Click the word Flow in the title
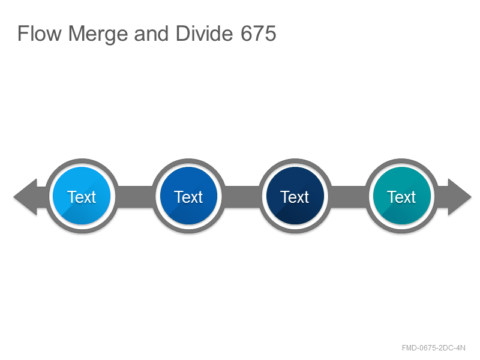coord(40,34)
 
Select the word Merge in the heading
coord(98,34)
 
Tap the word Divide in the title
coord(204,34)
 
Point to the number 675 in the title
coord(259,34)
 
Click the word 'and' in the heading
coord(151,34)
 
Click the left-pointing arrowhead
coord(25,197)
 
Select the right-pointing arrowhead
coord(460,197)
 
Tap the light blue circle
coord(82,196)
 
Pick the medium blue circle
coord(188,196)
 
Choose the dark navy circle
coord(295,196)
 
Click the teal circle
coord(401,196)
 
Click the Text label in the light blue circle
coord(82,197)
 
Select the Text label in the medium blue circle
coord(188,197)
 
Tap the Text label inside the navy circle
coord(295,197)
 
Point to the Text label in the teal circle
coord(401,197)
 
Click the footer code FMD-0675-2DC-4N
coord(433,348)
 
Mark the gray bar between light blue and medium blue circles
coord(135,197)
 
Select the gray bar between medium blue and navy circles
coord(242,197)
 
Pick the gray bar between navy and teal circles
coord(349,197)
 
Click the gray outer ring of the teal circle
coord(401,161)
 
